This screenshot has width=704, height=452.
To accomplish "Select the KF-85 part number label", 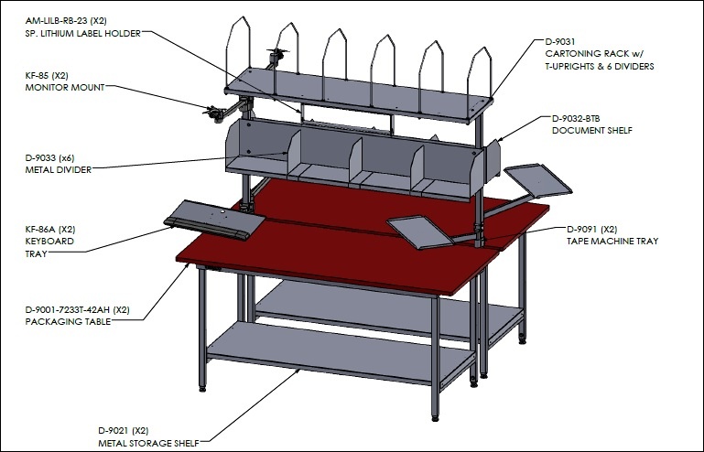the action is [x=37, y=75].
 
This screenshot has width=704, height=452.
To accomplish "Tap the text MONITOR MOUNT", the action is [x=65, y=88].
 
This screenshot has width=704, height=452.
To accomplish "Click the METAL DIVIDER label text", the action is [x=59, y=170].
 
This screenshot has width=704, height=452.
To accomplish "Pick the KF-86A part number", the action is [x=40, y=230].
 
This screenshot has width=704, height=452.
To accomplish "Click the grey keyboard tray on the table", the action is [x=214, y=220].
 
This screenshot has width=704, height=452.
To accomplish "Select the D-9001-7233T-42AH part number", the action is [x=68, y=309].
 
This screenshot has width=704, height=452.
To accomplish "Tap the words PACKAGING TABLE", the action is [x=68, y=322].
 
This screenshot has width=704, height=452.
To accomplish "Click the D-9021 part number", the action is [x=114, y=430].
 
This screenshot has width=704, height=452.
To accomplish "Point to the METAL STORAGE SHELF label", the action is [x=148, y=444].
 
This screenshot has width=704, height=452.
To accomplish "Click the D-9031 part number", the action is [x=560, y=42].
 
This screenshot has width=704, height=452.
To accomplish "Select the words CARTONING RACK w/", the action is [x=594, y=54].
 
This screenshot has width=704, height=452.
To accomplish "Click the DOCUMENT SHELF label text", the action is [x=591, y=131].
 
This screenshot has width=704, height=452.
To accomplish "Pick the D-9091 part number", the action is [x=582, y=230].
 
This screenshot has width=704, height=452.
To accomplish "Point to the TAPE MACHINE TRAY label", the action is [x=612, y=242].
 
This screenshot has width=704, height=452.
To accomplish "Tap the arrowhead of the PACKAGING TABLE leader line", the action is [x=188, y=265].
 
